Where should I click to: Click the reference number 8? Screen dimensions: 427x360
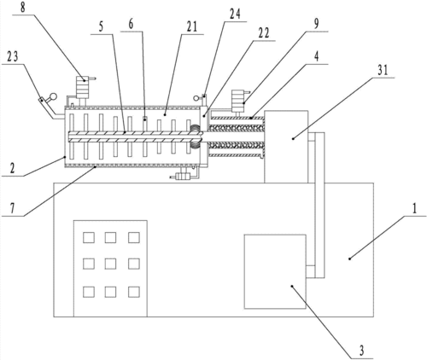coord(23,8)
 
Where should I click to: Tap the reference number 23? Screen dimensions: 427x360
coord(12,56)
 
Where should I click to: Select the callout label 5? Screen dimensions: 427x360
coord(101,26)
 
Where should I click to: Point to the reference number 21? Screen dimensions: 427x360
coord(191,26)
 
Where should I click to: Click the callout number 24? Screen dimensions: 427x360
coord(235,14)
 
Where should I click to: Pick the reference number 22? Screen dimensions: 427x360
coord(263,33)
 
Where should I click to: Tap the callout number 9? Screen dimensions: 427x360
coord(316,24)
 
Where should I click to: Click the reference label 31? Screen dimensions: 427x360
coord(383,70)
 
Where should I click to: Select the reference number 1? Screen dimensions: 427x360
coord(414,209)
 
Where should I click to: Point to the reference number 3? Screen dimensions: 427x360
coord(361,351)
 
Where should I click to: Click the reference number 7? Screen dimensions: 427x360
coord(12,209)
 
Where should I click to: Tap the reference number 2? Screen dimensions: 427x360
coord(12,169)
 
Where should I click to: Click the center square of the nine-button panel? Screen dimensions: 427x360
coord(110,264)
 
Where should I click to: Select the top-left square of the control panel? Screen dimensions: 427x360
coord(89,237)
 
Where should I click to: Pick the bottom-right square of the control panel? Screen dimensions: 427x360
coord(134,292)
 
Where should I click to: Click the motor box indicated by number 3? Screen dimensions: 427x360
coord(275,271)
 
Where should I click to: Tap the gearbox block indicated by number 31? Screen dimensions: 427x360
coord(286,147)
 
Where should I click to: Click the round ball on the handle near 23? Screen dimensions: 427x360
coord(53,97)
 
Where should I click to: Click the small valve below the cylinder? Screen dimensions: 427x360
coord(183,177)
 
